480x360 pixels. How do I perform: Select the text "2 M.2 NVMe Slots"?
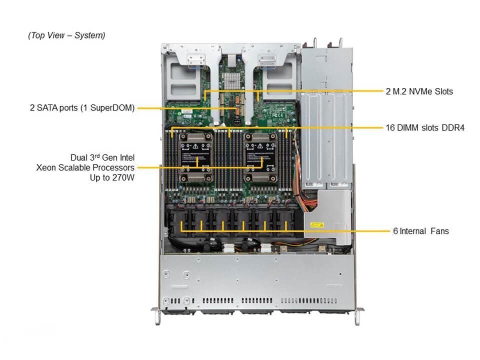419,91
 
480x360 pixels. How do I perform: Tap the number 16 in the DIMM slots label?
390,127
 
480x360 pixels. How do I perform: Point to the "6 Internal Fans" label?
420,231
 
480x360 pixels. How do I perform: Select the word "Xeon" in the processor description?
46,167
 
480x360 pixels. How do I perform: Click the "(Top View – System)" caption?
66,35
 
